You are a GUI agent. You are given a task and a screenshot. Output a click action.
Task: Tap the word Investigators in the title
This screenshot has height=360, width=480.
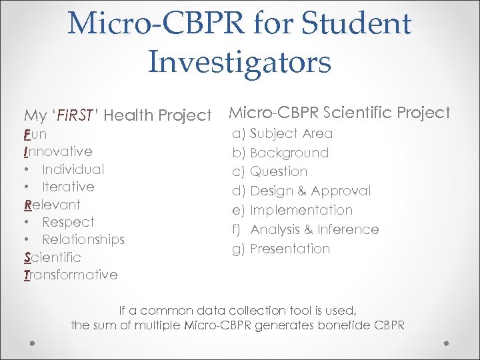tap(239, 62)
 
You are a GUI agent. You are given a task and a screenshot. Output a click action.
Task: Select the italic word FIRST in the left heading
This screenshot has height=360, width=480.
tap(75, 116)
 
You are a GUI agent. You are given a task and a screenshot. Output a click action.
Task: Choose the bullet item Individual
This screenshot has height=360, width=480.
tap(73, 169)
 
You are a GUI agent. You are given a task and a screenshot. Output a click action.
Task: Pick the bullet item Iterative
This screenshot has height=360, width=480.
tap(68, 187)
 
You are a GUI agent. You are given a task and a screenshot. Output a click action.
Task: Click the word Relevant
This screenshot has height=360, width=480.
tap(52, 205)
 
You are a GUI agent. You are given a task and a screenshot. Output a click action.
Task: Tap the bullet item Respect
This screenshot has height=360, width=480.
tap(68, 222)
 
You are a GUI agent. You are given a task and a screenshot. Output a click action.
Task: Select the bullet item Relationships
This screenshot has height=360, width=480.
tap(83, 239)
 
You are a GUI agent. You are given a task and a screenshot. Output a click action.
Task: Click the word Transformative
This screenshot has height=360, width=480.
tap(71, 275)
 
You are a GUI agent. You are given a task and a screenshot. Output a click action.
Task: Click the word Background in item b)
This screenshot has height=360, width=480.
tap(289, 153)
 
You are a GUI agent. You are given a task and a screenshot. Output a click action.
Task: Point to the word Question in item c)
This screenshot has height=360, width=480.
tap(279, 171)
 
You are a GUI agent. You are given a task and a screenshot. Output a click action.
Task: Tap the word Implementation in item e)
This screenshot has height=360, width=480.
tap(301, 210)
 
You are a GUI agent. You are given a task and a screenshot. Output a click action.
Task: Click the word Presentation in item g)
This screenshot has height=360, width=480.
tap(290, 249)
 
